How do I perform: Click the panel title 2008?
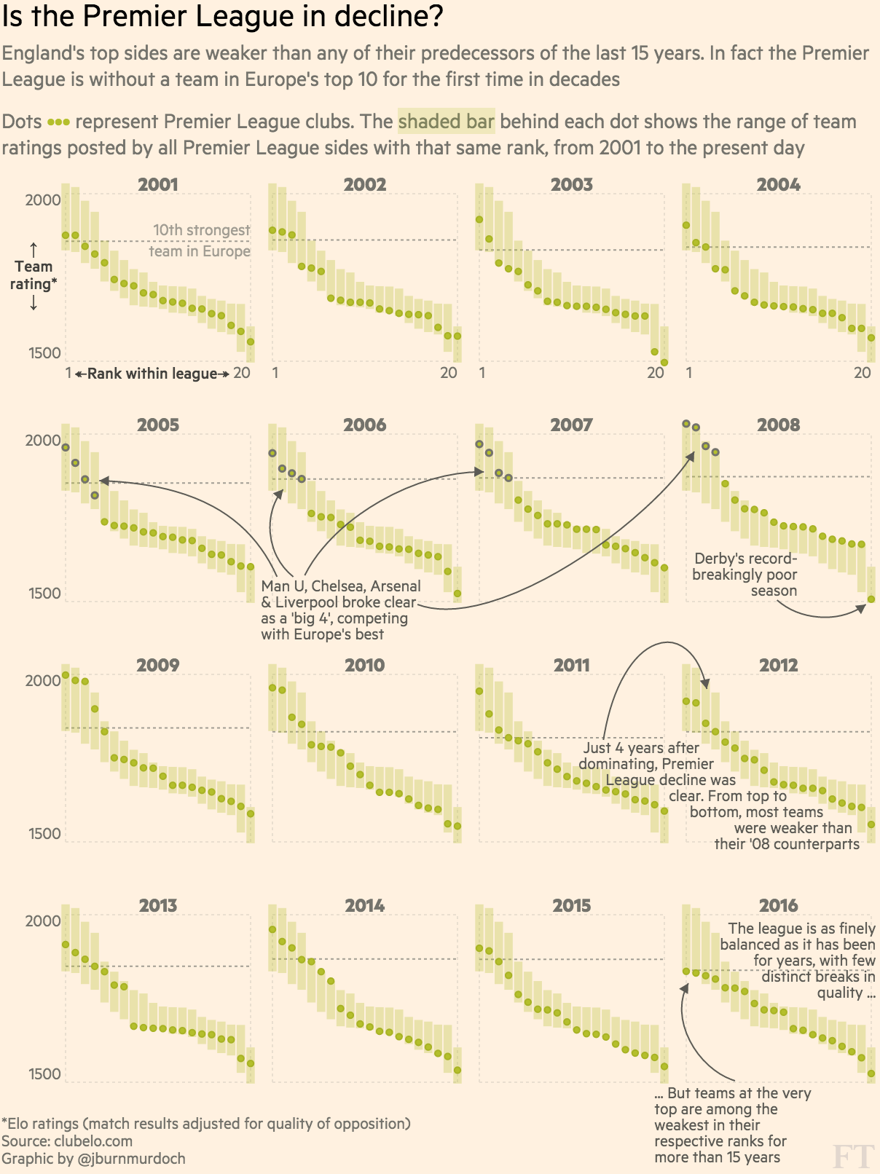tap(778, 425)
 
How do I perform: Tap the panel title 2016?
tap(778, 905)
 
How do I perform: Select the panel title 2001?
tap(157, 184)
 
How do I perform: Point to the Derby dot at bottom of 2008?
tap(871, 599)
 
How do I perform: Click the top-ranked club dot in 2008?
tap(686, 424)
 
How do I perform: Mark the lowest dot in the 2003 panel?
tap(664, 362)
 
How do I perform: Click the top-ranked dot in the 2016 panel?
tap(686, 972)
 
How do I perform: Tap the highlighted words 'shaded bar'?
tap(446, 121)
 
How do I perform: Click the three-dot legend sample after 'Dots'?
tap(58, 122)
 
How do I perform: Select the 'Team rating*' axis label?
tap(34, 275)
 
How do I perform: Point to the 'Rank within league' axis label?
tap(152, 374)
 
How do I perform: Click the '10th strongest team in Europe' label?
tap(200, 240)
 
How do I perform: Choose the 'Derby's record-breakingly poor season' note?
tap(745, 575)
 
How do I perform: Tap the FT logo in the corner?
tap(853, 1155)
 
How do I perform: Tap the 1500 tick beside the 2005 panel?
tap(45, 594)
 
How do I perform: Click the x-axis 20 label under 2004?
tap(862, 373)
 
